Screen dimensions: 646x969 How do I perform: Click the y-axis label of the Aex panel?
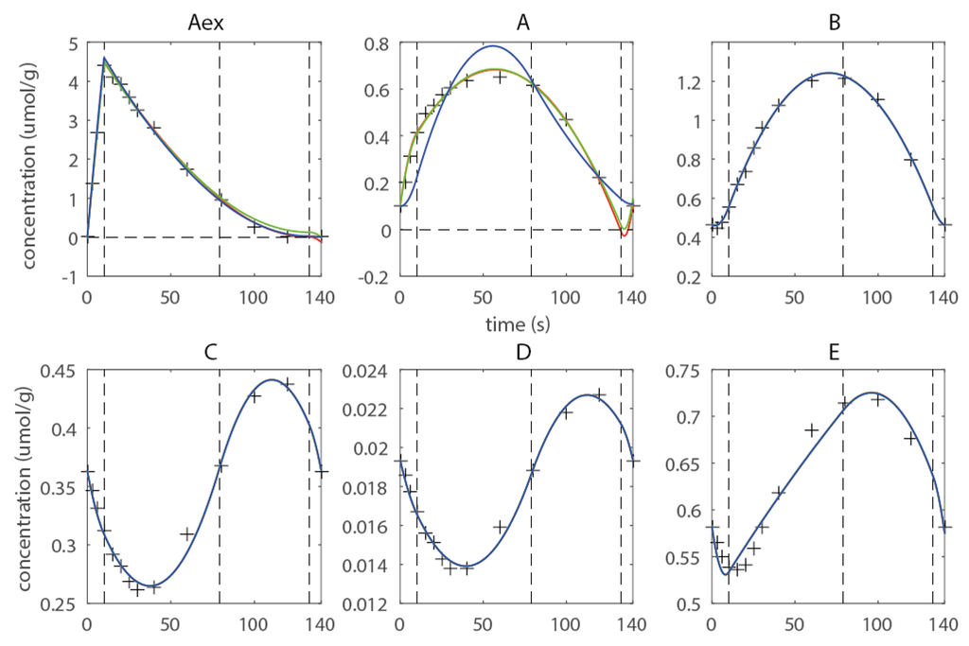[x=33, y=161]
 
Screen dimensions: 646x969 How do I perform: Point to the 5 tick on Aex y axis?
[x=72, y=44]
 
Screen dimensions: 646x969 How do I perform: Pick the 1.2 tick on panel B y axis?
[x=691, y=82]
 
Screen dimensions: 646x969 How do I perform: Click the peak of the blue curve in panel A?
[x=491, y=45]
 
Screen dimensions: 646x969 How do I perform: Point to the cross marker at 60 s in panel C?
[x=187, y=534]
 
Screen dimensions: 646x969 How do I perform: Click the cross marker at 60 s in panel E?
[x=811, y=430]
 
